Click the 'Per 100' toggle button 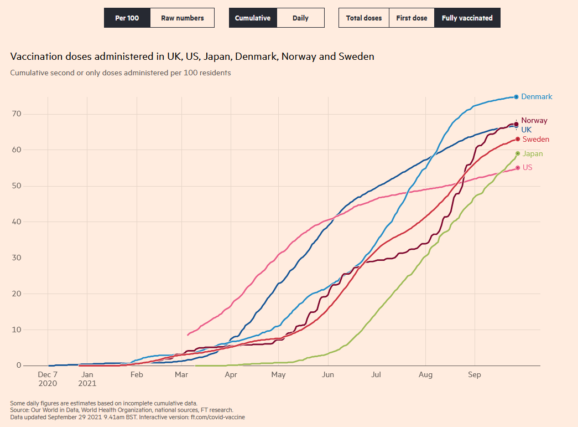[127, 18]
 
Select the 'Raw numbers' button [182, 18]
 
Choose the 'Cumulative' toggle [252, 18]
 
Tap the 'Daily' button [300, 18]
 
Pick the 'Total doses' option [363, 18]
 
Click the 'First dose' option [412, 18]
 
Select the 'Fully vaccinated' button [467, 18]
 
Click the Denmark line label [537, 97]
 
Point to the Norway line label [534, 120]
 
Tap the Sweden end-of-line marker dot [517, 139]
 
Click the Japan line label [533, 154]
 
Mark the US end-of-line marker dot [517, 167]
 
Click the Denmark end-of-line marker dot [516, 97]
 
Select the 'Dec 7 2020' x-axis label [48, 379]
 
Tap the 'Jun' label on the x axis [327, 375]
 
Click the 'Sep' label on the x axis [474, 375]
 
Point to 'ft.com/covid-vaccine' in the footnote [218, 417]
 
